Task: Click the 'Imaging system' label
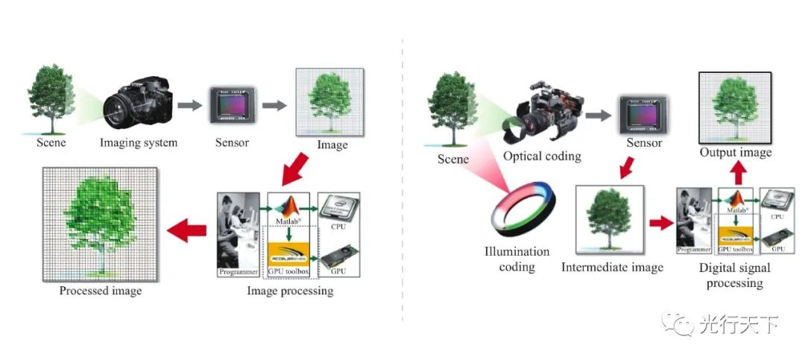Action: pyautogui.click(x=139, y=142)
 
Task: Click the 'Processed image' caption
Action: pyautogui.click(x=100, y=291)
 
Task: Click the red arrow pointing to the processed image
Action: pyautogui.click(x=187, y=232)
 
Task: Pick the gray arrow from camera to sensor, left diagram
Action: pyautogui.click(x=192, y=106)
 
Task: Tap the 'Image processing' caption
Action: pyautogui.click(x=290, y=291)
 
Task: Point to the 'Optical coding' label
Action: pyautogui.click(x=542, y=157)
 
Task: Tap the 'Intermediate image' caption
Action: pyautogui.click(x=612, y=267)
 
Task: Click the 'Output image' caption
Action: pyautogui.click(x=735, y=152)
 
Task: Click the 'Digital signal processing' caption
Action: pyautogui.click(x=735, y=275)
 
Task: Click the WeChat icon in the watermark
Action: pyautogui.click(x=680, y=324)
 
